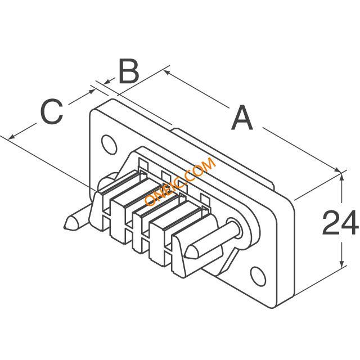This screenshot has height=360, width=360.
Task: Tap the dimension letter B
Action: tap(128, 72)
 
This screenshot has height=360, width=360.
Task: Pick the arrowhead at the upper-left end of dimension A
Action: tap(166, 71)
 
